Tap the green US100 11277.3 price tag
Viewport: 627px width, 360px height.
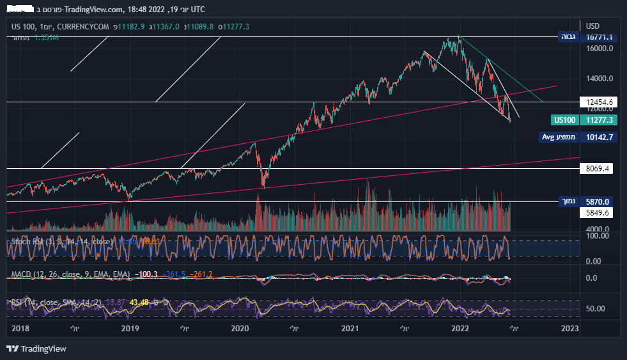click(584, 120)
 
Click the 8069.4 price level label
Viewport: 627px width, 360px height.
click(600, 169)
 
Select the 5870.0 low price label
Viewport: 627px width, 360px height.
click(600, 201)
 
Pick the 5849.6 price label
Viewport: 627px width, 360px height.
click(600, 213)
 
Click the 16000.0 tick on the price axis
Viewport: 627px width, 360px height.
click(600, 49)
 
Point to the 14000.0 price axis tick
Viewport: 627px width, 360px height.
click(600, 79)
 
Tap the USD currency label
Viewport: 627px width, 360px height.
click(592, 26)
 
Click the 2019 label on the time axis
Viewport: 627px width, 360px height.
click(130, 328)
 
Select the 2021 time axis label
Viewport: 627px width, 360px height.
click(350, 328)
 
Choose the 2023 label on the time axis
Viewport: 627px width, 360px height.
click(569, 328)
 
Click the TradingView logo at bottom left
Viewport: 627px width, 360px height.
click(36, 348)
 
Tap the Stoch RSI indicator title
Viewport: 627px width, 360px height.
click(61, 242)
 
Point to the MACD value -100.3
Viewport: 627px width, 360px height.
click(148, 274)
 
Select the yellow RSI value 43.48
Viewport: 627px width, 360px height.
click(139, 302)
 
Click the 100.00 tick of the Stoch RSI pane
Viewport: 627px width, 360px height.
click(599, 236)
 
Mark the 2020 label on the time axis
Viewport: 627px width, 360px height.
click(240, 328)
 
